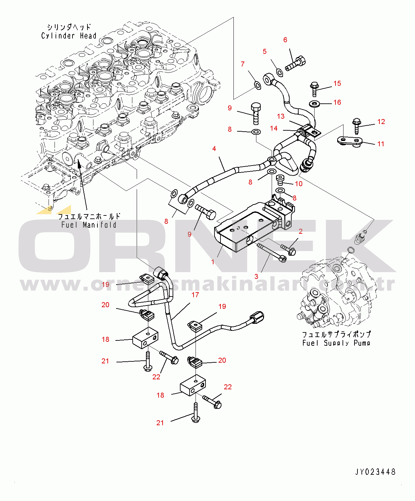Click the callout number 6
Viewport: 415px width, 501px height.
pyautogui.click(x=285, y=40)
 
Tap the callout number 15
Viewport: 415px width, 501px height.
pyautogui.click(x=337, y=83)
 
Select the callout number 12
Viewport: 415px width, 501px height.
pyautogui.click(x=381, y=122)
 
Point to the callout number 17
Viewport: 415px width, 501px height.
pyautogui.click(x=195, y=295)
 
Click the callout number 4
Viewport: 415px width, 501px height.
pyautogui.click(x=214, y=149)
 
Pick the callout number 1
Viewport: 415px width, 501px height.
pyautogui.click(x=213, y=262)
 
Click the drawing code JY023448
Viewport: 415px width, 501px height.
pyautogui.click(x=375, y=472)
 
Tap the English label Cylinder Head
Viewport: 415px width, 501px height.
pyautogui.click(x=69, y=36)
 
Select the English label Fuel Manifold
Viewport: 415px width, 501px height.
pyautogui.click(x=89, y=225)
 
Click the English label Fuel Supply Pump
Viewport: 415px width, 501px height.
pyautogui.click(x=336, y=343)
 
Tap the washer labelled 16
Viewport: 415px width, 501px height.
pyautogui.click(x=314, y=104)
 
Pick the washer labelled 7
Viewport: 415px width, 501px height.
pyautogui.click(x=257, y=85)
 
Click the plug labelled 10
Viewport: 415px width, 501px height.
pyautogui.click(x=280, y=180)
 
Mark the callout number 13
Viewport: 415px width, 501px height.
pyautogui.click(x=281, y=116)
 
